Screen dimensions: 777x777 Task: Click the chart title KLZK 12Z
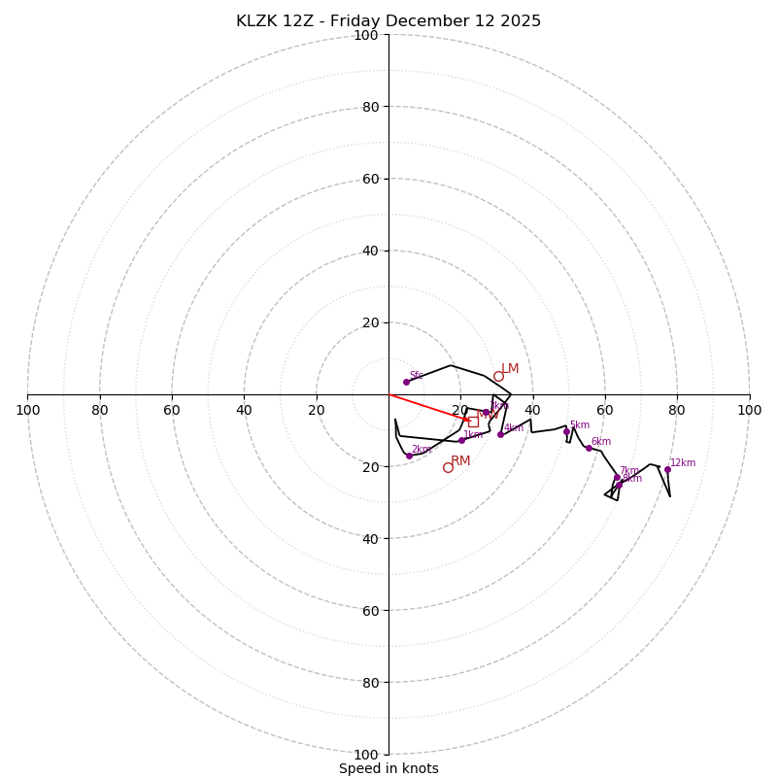(x=388, y=21)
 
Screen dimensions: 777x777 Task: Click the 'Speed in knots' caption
(x=388, y=768)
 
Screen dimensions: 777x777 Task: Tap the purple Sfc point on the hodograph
(x=406, y=382)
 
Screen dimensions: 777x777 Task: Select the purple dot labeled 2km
(x=409, y=456)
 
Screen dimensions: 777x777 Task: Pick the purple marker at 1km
(x=461, y=440)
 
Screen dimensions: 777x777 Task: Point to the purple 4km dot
(x=500, y=434)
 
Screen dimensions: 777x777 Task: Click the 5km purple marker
(x=566, y=431)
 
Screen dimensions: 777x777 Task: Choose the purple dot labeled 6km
(x=589, y=448)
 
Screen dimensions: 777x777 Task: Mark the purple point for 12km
(x=667, y=469)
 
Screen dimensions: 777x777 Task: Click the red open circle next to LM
(x=498, y=376)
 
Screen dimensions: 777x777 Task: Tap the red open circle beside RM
(x=448, y=467)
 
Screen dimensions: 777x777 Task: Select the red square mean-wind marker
(x=473, y=422)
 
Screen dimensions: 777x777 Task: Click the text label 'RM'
(x=460, y=461)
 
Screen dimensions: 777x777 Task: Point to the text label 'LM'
(x=510, y=369)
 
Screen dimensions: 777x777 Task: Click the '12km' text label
(x=683, y=463)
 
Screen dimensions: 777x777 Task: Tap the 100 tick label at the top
(x=366, y=35)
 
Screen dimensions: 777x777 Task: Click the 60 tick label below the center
(x=366, y=610)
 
